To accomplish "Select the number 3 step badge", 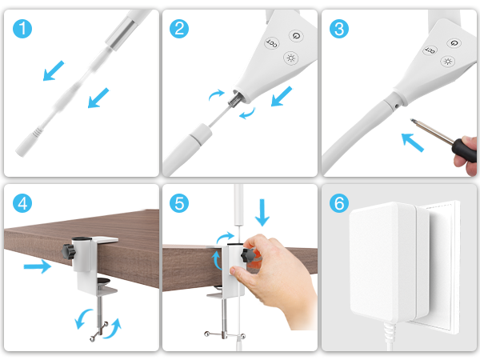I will [x=339, y=30].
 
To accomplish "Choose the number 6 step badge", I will [x=339, y=204].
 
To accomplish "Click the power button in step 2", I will [x=296, y=36].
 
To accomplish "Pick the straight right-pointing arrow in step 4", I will [x=37, y=266].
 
